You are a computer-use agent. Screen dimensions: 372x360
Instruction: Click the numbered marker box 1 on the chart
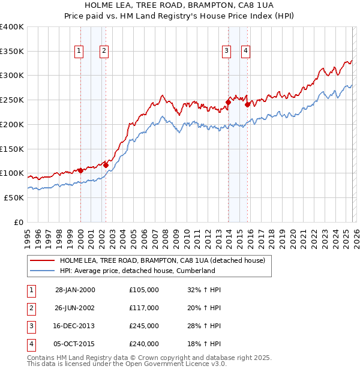click(x=79, y=52)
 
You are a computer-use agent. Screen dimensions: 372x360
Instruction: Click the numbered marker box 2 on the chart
click(x=104, y=52)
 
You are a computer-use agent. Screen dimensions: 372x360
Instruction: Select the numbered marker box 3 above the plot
click(x=227, y=52)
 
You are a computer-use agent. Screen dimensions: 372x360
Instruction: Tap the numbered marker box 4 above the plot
click(x=246, y=52)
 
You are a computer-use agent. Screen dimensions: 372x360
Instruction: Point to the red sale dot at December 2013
click(x=228, y=102)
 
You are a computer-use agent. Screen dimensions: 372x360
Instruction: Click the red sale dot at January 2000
click(x=80, y=170)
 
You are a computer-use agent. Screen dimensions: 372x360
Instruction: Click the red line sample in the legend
click(x=42, y=260)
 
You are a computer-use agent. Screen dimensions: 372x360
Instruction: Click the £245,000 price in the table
click(x=144, y=326)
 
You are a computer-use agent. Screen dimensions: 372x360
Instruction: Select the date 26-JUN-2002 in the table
click(x=75, y=308)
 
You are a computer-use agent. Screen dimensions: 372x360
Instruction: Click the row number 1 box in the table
click(x=30, y=290)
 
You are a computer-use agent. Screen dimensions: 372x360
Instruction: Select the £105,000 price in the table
click(x=144, y=290)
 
